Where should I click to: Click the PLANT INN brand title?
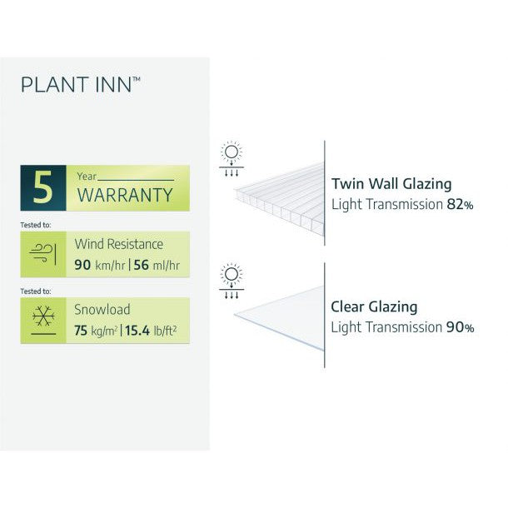pyautogui.click(x=80, y=84)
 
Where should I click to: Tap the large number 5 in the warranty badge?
pyautogui.click(x=45, y=187)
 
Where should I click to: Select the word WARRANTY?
pyautogui.click(x=126, y=196)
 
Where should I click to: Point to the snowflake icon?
pyautogui.click(x=43, y=320)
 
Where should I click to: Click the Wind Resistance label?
pyautogui.click(x=119, y=244)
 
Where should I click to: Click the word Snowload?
pyautogui.click(x=102, y=309)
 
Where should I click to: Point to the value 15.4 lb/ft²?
pyautogui.click(x=152, y=331)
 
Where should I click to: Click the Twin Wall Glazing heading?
pyautogui.click(x=391, y=184)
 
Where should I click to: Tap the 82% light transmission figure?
pyautogui.click(x=461, y=205)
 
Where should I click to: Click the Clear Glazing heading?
pyautogui.click(x=374, y=306)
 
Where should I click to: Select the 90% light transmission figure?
pyautogui.click(x=461, y=328)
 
